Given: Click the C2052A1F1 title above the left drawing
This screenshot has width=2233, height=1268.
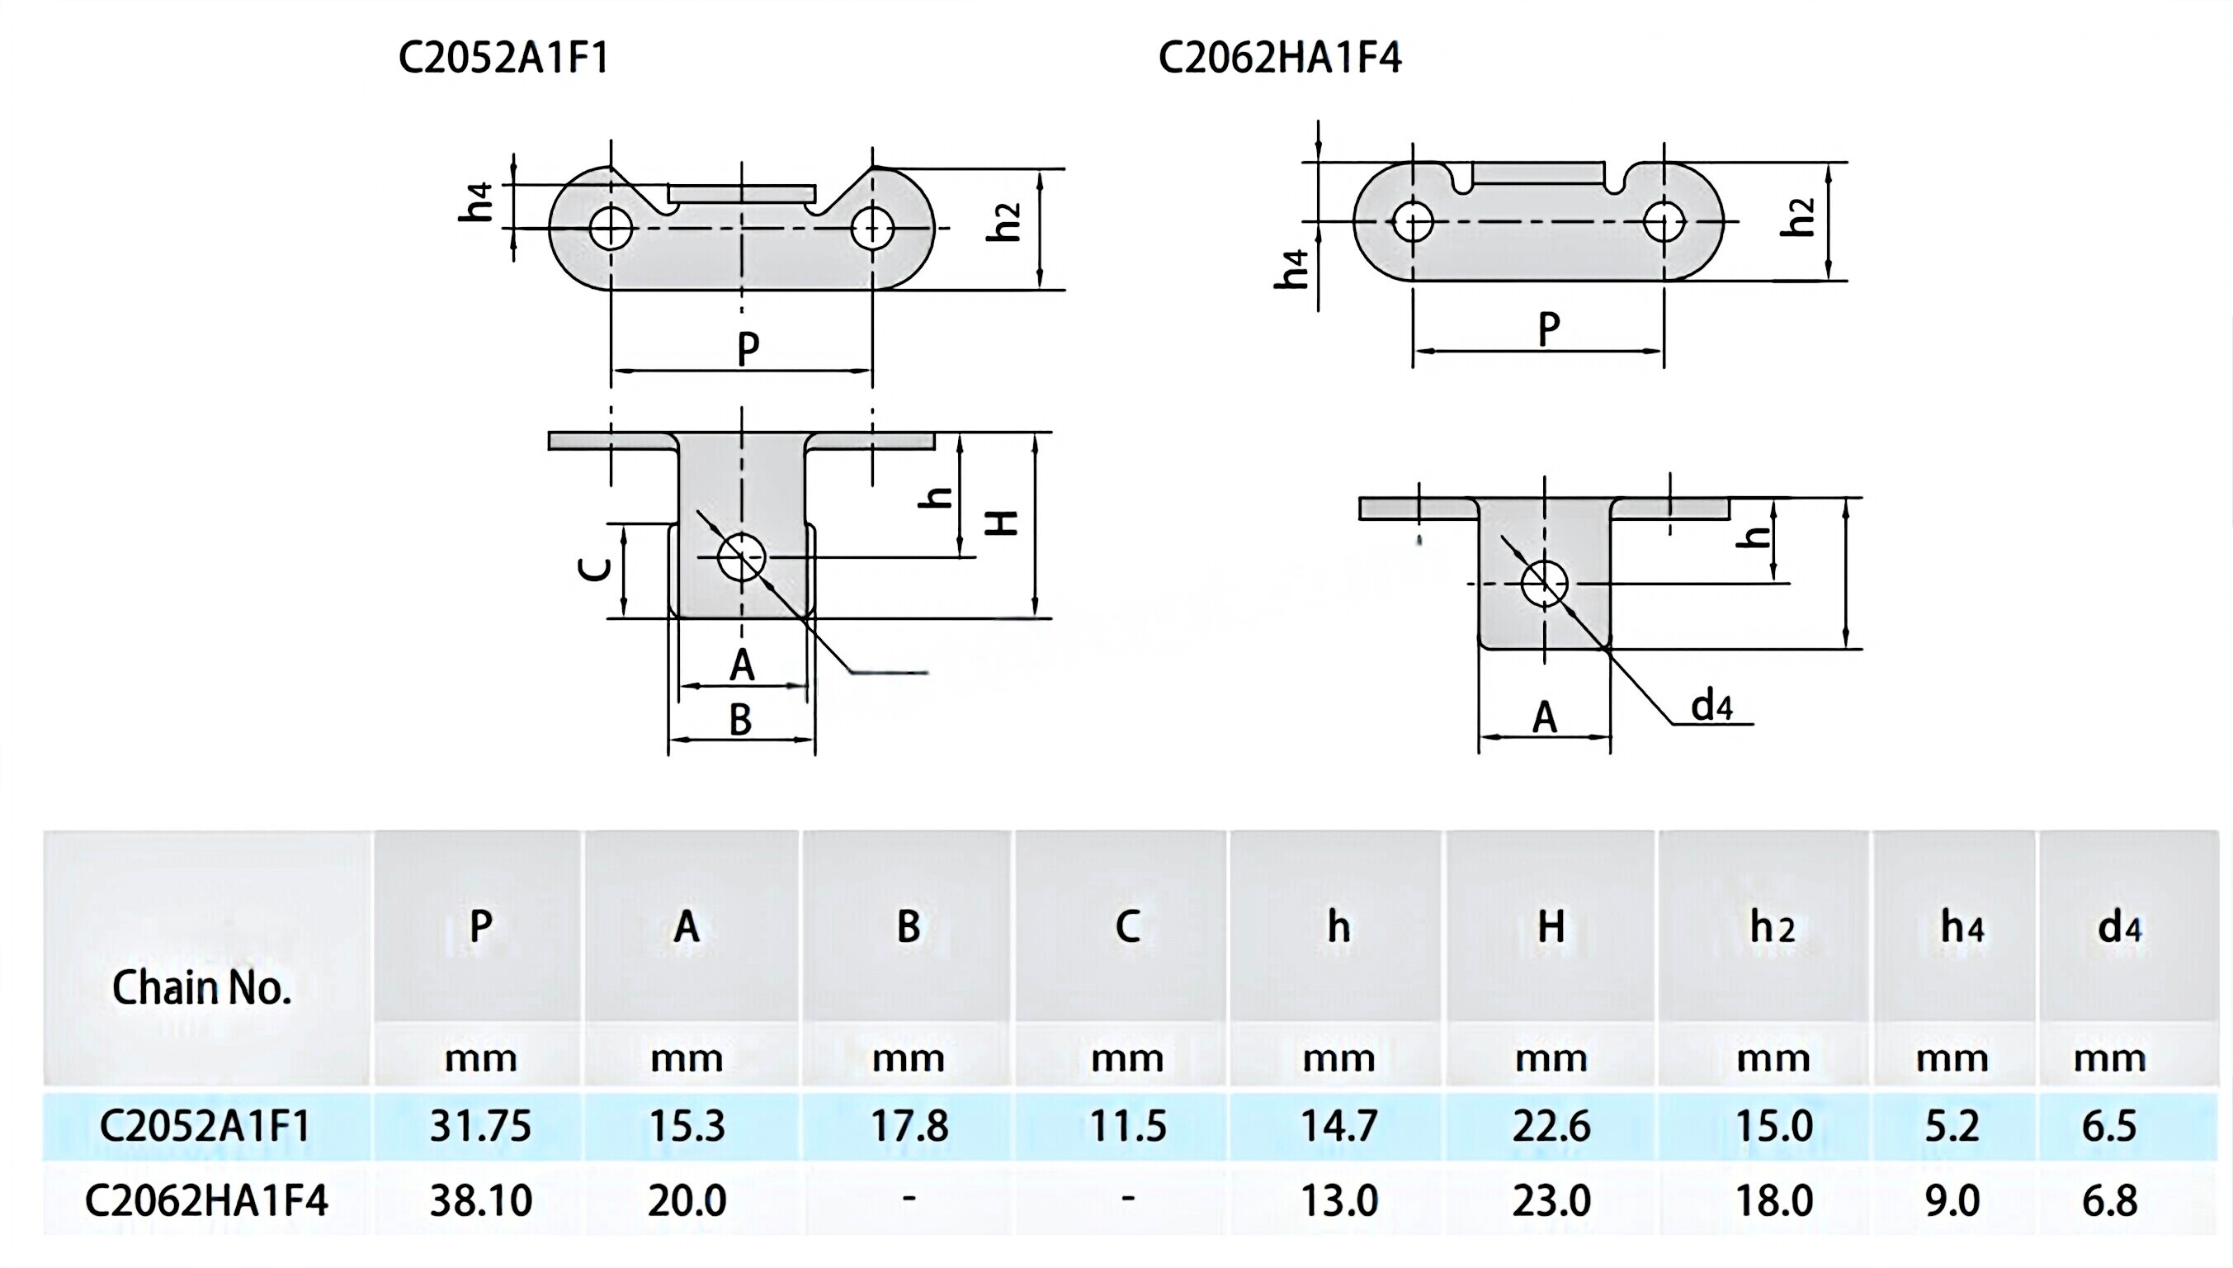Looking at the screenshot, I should click(503, 59).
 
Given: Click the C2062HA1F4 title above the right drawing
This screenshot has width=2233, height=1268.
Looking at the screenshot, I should click(1280, 59).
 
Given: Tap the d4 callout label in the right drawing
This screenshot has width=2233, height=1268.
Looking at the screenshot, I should click(1711, 706).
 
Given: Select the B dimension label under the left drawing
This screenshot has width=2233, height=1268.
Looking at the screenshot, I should click(740, 719).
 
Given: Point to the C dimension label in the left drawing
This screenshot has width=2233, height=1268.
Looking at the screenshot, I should click(596, 569).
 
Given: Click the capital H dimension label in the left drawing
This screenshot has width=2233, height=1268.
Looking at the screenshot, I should click(1003, 523).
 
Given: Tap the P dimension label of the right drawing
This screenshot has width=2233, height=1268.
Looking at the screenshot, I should click(1548, 329).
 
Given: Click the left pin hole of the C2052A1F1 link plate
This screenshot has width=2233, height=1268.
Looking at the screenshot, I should click(611, 229).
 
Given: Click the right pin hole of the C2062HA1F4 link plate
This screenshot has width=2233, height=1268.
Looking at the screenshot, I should click(1664, 221).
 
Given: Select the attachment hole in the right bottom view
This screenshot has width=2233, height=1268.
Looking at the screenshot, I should click(1545, 584).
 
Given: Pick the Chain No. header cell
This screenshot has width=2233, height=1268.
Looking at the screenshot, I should click(201, 987).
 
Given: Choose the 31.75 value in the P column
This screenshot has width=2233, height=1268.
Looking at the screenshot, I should click(479, 1126).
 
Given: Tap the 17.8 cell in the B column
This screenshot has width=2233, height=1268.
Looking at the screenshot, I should click(909, 1126).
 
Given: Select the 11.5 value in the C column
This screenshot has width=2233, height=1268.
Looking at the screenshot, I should click(1127, 1126).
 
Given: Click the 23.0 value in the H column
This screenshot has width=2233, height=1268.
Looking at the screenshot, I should click(1551, 1201).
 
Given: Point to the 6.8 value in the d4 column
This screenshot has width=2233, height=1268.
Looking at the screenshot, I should click(2108, 1201).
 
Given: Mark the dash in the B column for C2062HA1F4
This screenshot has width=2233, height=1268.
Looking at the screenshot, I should click(909, 1199).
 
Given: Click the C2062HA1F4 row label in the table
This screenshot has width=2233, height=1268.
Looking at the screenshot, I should click(206, 1201).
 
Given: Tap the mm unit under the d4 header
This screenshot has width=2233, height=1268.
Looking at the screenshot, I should click(2108, 1059).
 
